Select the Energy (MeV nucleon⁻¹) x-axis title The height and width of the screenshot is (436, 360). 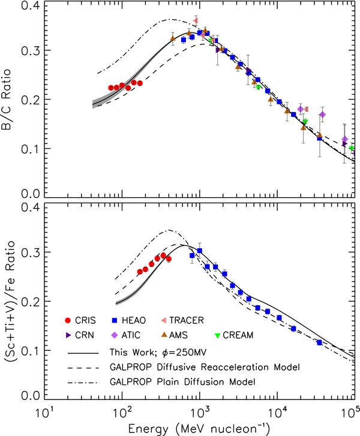(200, 427)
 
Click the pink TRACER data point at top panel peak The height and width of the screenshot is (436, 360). (196, 21)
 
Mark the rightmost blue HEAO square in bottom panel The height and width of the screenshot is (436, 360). (319, 342)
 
